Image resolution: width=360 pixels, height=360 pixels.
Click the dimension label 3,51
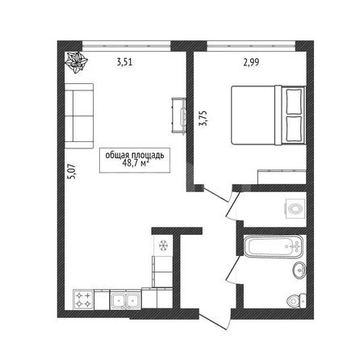[124, 62]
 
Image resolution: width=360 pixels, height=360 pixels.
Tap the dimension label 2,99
[251, 62]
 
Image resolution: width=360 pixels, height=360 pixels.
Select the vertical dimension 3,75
[203, 119]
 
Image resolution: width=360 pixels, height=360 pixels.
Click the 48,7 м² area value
[136, 163]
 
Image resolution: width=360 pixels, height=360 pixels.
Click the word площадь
[148, 156]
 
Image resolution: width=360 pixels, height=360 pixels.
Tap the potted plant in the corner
[77, 62]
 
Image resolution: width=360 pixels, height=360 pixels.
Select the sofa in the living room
[79, 116]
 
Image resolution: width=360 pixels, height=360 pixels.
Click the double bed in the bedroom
[269, 115]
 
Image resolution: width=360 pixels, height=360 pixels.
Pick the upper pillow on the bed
[294, 102]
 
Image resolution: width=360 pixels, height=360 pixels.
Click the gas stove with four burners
[83, 300]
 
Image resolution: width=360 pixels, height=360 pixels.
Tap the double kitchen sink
[126, 300]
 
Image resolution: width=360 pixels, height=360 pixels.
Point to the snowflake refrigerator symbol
[163, 245]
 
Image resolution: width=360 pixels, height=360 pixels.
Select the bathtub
[273, 247]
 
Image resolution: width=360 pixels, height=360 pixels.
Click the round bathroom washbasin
[299, 270]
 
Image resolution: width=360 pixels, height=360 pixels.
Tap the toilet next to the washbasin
[296, 301]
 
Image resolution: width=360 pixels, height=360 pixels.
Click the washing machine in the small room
[295, 208]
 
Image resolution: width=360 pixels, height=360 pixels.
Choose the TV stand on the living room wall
[179, 115]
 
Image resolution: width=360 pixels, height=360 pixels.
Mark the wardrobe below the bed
[282, 177]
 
